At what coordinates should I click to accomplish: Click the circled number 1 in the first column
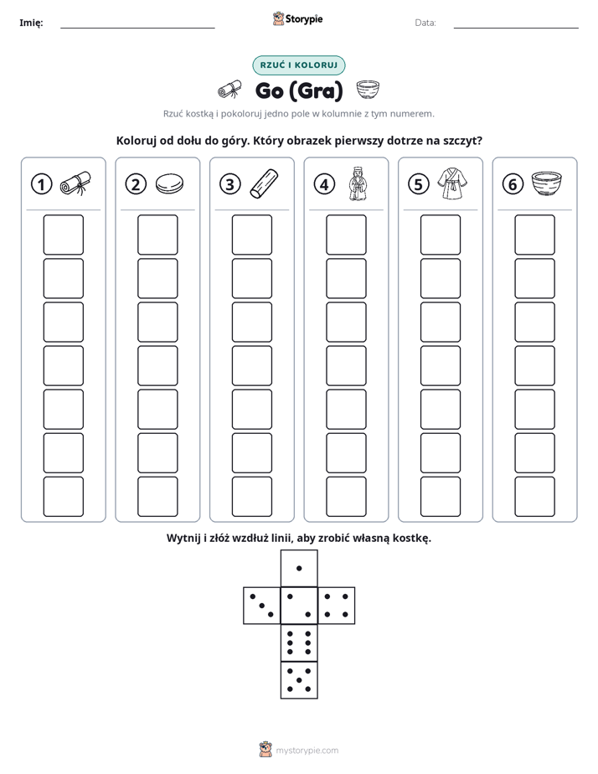[41, 184]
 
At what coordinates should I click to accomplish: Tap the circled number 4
[324, 184]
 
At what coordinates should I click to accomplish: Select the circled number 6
[513, 184]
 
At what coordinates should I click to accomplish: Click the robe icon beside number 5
[452, 183]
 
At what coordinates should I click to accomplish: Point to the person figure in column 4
[358, 183]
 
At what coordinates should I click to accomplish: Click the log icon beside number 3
[264, 183]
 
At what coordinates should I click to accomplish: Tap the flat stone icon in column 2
[169, 184]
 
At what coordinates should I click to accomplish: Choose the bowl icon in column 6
[547, 183]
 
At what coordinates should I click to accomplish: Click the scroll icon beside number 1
[75, 183]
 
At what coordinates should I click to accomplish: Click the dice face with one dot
[299, 568]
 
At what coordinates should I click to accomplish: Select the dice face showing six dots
[299, 642]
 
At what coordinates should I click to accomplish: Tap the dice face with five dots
[299, 679]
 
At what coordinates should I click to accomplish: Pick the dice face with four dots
[337, 605]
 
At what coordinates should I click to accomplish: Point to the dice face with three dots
[262, 605]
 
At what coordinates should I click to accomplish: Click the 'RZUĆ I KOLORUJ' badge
[299, 65]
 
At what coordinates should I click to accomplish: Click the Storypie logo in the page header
[297, 18]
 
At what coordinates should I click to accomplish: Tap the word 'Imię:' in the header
[31, 23]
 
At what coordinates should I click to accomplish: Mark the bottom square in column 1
[63, 497]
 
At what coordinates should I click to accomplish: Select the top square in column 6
[535, 235]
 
